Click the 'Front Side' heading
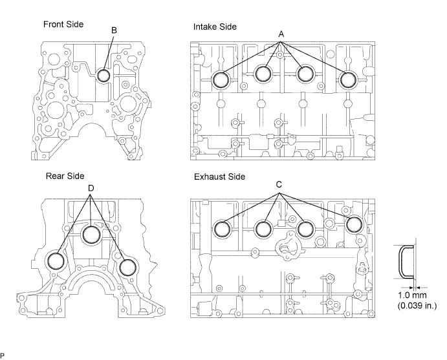63,25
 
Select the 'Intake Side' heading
215,26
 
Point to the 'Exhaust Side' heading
219,176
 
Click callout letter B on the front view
114,30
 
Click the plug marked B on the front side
104,76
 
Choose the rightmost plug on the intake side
349,79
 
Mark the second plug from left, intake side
263,74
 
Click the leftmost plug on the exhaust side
222,229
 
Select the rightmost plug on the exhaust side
354,224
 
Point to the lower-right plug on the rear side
127,266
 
